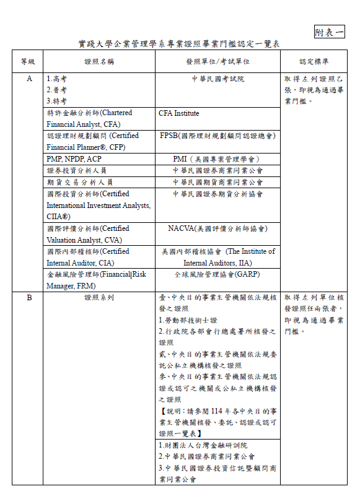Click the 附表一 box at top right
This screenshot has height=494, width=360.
point(329,32)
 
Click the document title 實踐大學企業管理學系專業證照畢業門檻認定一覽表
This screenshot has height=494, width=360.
point(179,45)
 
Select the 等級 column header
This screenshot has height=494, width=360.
point(28,62)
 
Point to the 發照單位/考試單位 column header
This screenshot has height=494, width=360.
point(217,62)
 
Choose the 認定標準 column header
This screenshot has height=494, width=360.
point(314,62)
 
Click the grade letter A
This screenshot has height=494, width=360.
point(29,79)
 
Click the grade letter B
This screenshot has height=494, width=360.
point(29,298)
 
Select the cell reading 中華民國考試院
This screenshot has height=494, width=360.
point(217,79)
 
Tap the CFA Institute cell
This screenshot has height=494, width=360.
point(179,114)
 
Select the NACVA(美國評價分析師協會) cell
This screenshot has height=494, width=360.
point(217,228)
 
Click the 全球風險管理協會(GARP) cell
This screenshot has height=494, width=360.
point(217,274)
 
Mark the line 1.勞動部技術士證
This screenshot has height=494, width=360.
point(188,320)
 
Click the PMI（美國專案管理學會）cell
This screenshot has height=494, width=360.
point(217,158)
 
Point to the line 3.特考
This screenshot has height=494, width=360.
point(58,101)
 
